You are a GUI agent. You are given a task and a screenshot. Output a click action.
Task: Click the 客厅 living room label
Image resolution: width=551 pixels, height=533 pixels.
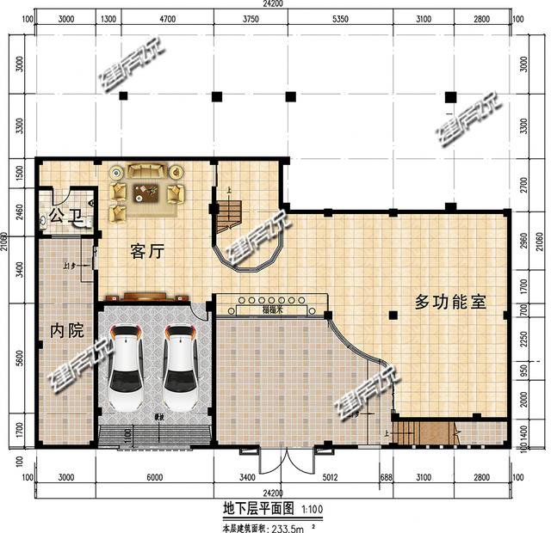[x=146, y=251]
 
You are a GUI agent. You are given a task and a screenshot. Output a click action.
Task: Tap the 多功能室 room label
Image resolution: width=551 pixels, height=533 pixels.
[x=450, y=303]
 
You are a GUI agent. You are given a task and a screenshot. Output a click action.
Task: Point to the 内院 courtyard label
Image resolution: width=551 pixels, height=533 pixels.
[x=66, y=330]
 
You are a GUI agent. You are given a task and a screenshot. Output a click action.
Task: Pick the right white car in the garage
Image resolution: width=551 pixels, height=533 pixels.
[x=183, y=366]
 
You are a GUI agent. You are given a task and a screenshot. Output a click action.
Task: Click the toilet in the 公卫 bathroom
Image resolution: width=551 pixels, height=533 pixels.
[x=46, y=222]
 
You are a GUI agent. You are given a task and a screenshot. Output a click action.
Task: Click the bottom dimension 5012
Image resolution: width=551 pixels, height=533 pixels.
[x=329, y=477]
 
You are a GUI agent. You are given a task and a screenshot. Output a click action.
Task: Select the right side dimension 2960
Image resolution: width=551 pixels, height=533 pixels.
[x=526, y=240]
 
